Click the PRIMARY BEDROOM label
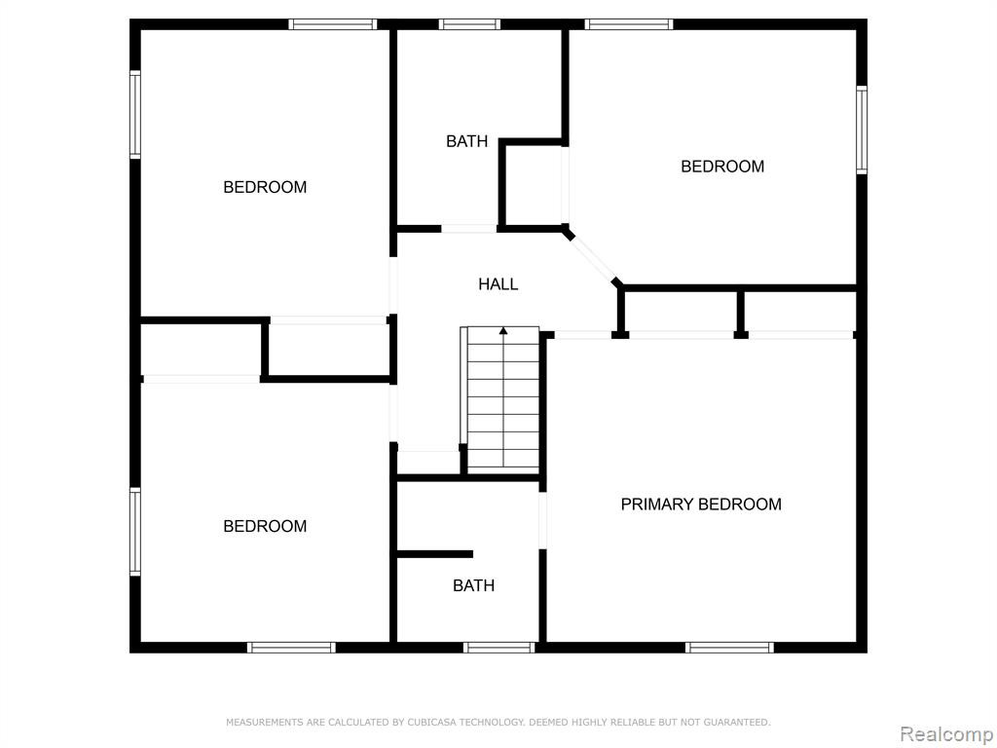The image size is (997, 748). tap(701, 505)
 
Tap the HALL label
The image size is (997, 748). tap(498, 284)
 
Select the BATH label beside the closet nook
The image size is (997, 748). tap(466, 141)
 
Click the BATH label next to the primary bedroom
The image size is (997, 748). tap(474, 585)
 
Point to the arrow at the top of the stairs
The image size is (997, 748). tap(503, 331)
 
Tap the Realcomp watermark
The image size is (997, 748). tap(947, 734)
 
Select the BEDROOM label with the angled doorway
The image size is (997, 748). tap(722, 167)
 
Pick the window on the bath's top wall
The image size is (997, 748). tap(470, 24)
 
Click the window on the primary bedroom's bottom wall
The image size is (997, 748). tap(730, 648)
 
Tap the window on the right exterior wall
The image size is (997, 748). tap(862, 130)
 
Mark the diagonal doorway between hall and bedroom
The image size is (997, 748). tap(593, 257)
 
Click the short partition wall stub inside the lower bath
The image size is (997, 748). tap(435, 554)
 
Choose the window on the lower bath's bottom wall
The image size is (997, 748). tap(499, 648)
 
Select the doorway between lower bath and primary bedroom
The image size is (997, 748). tap(543, 520)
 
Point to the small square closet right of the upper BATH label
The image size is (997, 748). tap(534, 184)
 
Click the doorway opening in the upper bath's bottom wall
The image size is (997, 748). tap(469, 228)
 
